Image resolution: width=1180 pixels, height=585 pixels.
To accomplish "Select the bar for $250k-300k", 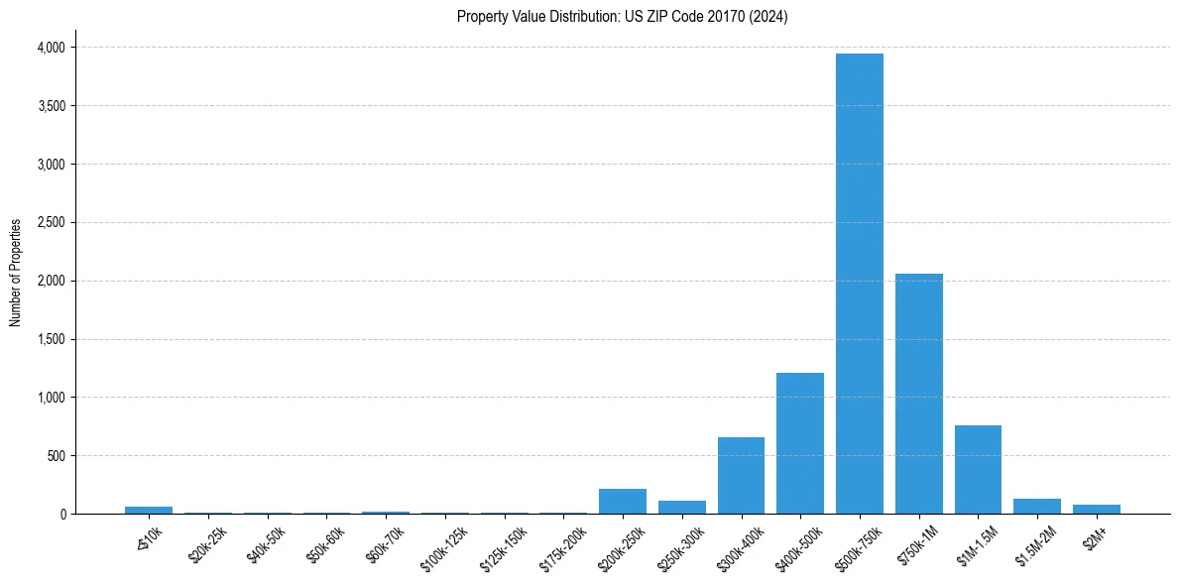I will (681, 508).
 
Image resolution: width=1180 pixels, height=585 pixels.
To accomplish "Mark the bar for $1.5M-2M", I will (1037, 507).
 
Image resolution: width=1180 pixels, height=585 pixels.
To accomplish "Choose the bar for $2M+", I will (1096, 510).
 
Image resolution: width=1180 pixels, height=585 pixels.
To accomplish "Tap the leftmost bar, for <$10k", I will (148, 511).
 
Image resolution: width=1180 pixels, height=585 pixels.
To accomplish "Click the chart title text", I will (622, 17).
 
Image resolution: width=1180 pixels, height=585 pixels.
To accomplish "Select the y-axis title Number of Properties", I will (16, 272).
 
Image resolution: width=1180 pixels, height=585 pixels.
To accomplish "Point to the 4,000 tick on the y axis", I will (50, 48).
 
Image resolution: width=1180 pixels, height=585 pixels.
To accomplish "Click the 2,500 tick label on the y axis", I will (50, 223).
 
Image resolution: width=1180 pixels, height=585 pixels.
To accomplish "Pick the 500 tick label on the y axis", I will (56, 456).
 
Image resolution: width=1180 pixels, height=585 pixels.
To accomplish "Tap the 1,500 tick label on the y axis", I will (50, 339).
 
